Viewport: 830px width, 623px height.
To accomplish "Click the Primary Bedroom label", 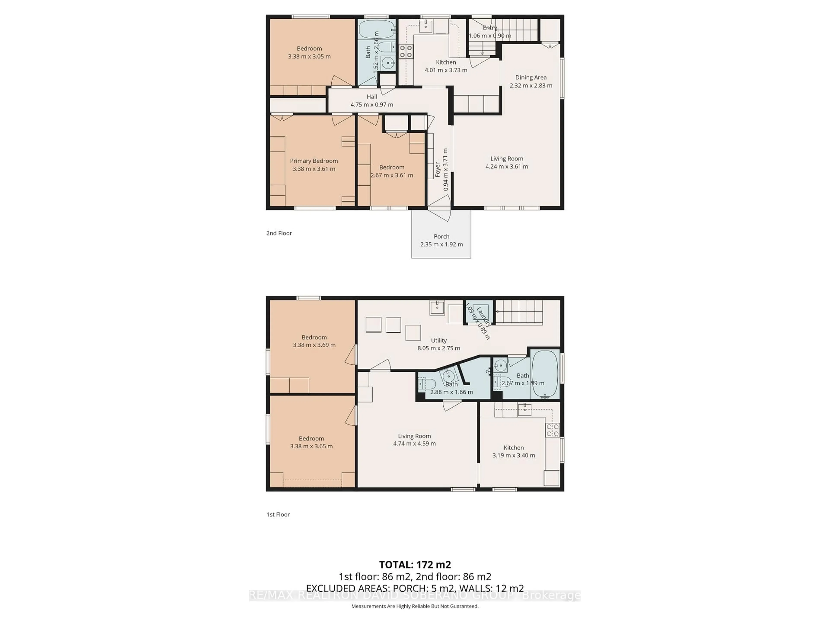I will coord(314,161).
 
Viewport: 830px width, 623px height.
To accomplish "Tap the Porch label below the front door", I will coord(441,236).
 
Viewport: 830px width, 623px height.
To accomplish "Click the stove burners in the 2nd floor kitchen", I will coord(406,51).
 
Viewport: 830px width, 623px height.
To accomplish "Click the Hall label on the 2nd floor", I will coord(372,96).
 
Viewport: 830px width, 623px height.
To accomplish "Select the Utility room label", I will coord(439,340).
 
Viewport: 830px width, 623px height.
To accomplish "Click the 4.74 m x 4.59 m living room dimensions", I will coord(414,443).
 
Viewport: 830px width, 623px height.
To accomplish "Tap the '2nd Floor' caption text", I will coord(279,233).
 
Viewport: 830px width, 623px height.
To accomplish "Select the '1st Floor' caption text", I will coord(278,514).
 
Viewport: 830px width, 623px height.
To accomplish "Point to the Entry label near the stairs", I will coord(490,28).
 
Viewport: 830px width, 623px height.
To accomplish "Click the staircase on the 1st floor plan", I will coord(519,312).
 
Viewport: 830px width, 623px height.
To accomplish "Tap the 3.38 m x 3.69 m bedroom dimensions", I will coord(314,345).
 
